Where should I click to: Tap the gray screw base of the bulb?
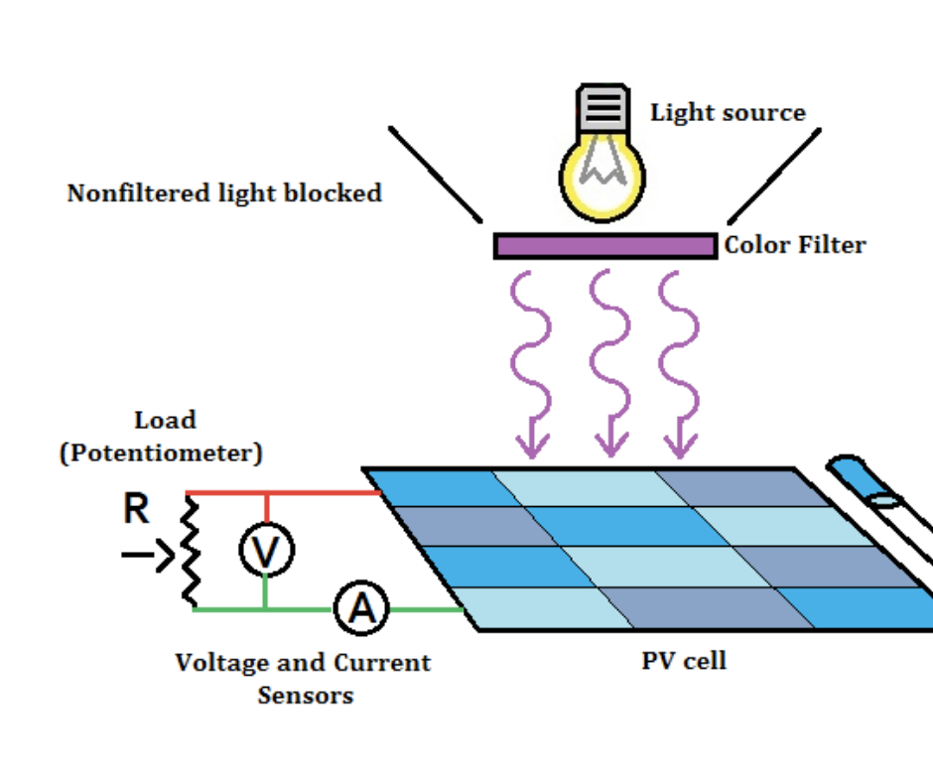tap(603, 108)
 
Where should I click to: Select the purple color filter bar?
tap(604, 246)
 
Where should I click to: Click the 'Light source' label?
tap(728, 113)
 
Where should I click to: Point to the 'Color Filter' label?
tap(795, 245)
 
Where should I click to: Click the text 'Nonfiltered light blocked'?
tap(224, 194)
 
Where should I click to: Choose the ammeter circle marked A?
tap(359, 609)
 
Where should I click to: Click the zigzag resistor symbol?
tap(189, 551)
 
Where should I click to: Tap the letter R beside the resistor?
tap(137, 510)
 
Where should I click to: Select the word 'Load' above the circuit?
tap(165, 420)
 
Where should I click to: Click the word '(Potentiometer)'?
tap(162, 454)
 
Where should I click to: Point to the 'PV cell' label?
tap(684, 660)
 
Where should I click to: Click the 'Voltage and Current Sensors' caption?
tap(304, 678)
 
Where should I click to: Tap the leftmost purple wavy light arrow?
tap(531, 362)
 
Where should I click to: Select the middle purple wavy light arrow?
tap(609, 362)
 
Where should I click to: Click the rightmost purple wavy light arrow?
tap(680, 362)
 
